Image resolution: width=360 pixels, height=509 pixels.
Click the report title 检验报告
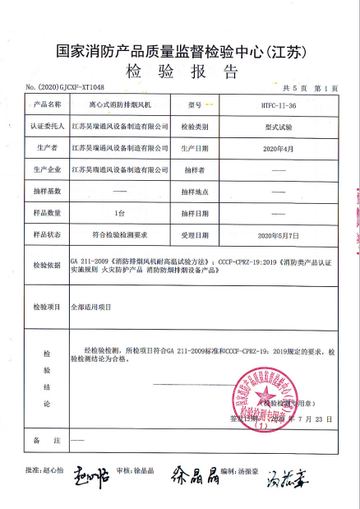[x=182, y=71]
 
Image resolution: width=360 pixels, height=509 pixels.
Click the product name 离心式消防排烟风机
[x=119, y=106]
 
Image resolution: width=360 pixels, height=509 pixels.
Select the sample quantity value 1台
[x=119, y=213]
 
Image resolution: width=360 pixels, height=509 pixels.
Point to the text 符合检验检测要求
[x=119, y=234]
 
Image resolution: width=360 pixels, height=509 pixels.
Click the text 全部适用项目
[x=91, y=305]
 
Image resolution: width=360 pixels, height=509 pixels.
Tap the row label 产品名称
[x=47, y=106]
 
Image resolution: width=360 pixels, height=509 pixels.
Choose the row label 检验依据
[x=47, y=266]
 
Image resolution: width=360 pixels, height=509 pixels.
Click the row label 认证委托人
[x=47, y=127]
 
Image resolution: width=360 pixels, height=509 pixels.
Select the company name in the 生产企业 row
[x=119, y=170]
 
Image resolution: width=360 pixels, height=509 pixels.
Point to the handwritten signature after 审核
[x=195, y=474]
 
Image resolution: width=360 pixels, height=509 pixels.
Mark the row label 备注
[x=47, y=442]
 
